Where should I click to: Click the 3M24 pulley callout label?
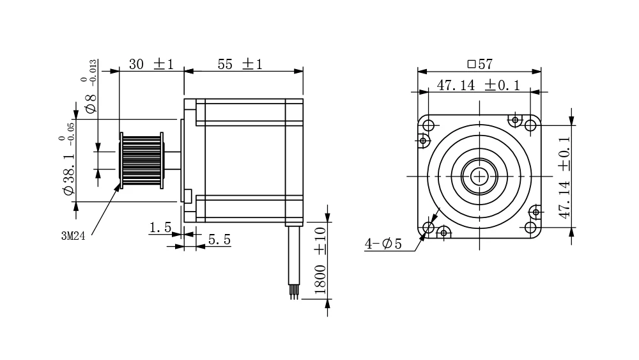[73, 236]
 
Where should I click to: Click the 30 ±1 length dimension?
[151, 65]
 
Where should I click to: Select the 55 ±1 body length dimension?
[240, 65]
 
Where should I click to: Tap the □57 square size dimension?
[480, 64]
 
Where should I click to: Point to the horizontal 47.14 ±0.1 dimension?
[479, 85]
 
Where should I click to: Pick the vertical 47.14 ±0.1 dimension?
[564, 177]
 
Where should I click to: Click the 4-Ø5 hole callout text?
[383, 244]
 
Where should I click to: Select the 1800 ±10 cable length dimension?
[321, 260]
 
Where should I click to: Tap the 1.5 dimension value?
[160, 228]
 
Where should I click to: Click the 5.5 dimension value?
[219, 240]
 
